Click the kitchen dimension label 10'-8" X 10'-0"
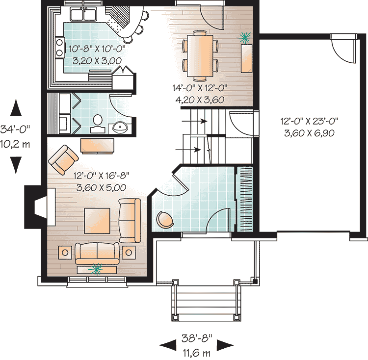click(97, 49)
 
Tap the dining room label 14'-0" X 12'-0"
click(200, 88)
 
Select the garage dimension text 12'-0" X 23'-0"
click(309, 122)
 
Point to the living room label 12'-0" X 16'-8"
click(102, 176)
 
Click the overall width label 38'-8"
click(197, 338)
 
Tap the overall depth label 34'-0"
click(16, 129)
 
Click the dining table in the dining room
click(200, 55)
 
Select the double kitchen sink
click(83, 14)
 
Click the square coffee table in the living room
click(97, 221)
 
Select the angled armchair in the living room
click(63, 159)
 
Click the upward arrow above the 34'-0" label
click(16, 107)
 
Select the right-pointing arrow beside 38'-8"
click(225, 345)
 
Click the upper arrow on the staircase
click(194, 121)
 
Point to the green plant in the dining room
click(245, 38)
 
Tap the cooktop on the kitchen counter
click(60, 48)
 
